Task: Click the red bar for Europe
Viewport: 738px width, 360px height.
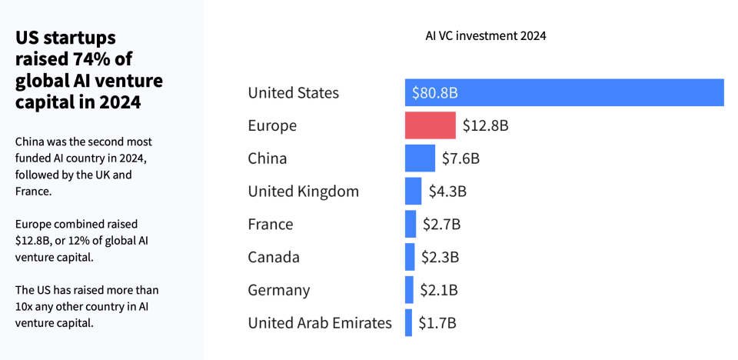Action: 430,125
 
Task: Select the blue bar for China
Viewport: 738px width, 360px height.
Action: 420,158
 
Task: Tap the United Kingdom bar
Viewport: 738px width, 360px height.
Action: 413,192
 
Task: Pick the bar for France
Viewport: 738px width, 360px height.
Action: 411,224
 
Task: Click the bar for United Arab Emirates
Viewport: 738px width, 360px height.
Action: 408,323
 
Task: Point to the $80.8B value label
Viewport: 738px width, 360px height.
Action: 435,93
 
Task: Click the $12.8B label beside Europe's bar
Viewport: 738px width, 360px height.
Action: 485,125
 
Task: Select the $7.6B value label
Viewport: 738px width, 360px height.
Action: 460,158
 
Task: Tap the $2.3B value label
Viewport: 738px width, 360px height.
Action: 440,257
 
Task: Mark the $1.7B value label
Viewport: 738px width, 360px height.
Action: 437,323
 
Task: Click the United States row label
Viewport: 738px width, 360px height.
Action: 293,93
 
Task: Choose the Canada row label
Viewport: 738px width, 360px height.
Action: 274,257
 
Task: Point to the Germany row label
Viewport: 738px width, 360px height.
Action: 279,290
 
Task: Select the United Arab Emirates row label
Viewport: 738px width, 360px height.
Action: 319,323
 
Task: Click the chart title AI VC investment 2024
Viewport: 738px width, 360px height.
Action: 486,35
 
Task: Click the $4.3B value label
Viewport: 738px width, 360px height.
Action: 447,192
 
